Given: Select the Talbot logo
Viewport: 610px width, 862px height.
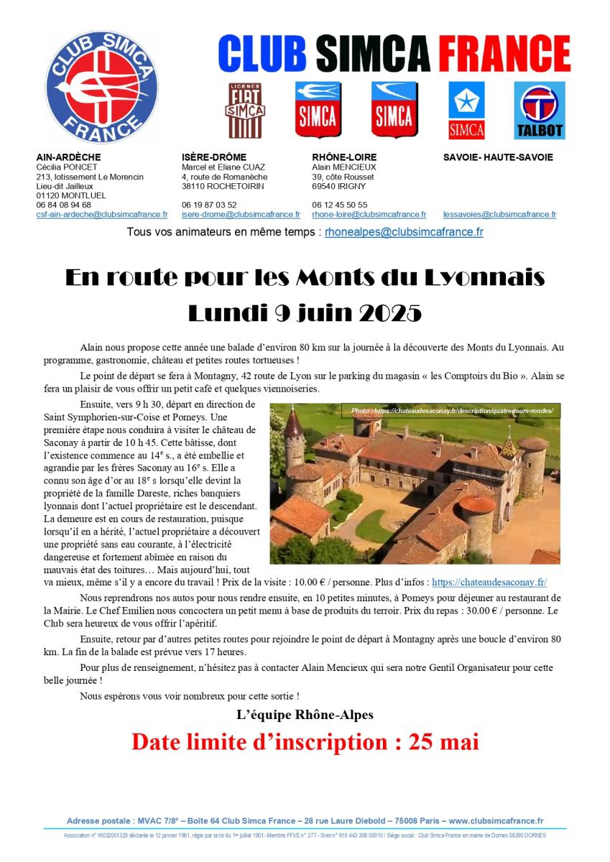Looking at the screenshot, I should pos(539,110).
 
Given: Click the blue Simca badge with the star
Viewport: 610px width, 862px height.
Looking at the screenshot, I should pos(466,110).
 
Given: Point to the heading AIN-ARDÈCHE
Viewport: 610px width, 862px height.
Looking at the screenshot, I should pos(68,157).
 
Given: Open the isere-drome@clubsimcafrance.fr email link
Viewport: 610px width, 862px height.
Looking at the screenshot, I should pos(241,214).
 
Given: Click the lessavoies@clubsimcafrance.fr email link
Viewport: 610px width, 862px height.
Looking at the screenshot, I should pos(499,214).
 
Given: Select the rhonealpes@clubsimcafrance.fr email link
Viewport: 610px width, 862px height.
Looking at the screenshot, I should pos(404,232).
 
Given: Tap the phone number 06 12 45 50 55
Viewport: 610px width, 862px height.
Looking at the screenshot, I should pos(340,205).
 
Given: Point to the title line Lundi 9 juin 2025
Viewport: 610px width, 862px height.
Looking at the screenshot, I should pos(305,313).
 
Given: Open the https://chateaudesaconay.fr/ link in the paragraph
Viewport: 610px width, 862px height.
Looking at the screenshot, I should pos(494,582).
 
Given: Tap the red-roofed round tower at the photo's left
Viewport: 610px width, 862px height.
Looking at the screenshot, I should pos(294,435).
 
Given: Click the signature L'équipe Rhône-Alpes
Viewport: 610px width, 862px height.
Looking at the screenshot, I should pos(305,714).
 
